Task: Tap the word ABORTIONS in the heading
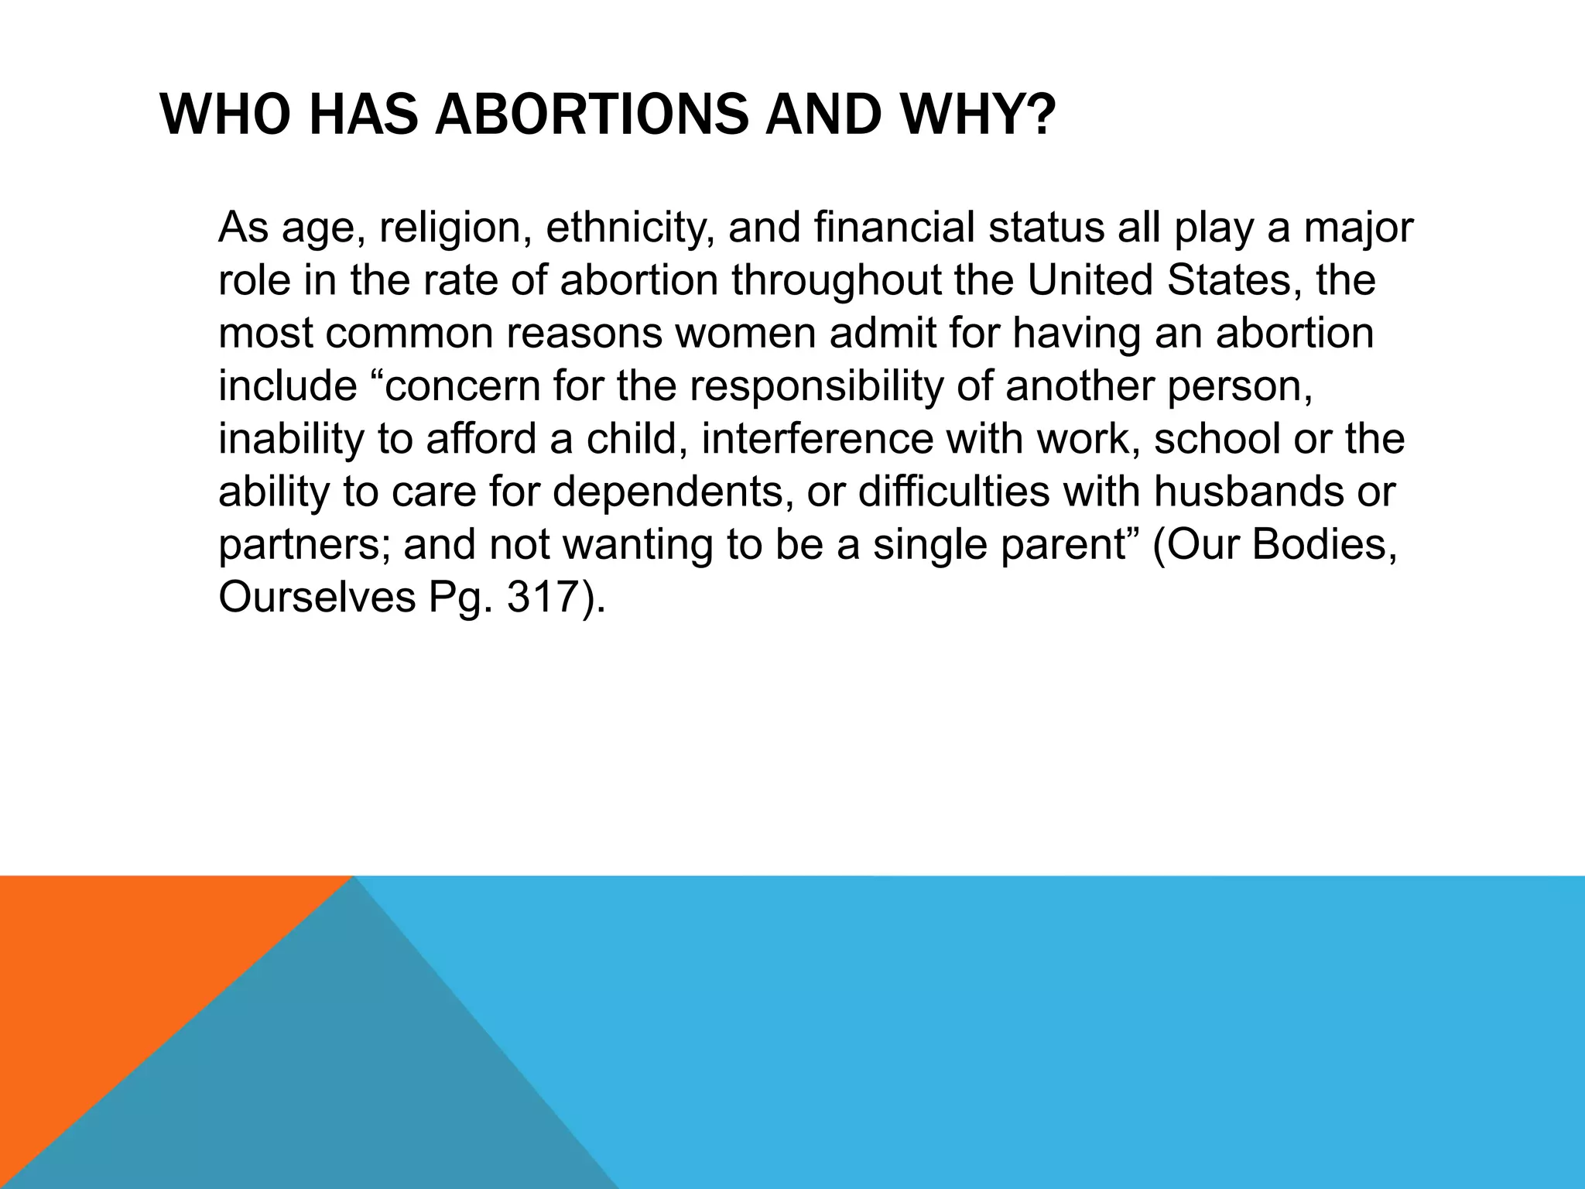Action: pos(592,115)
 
